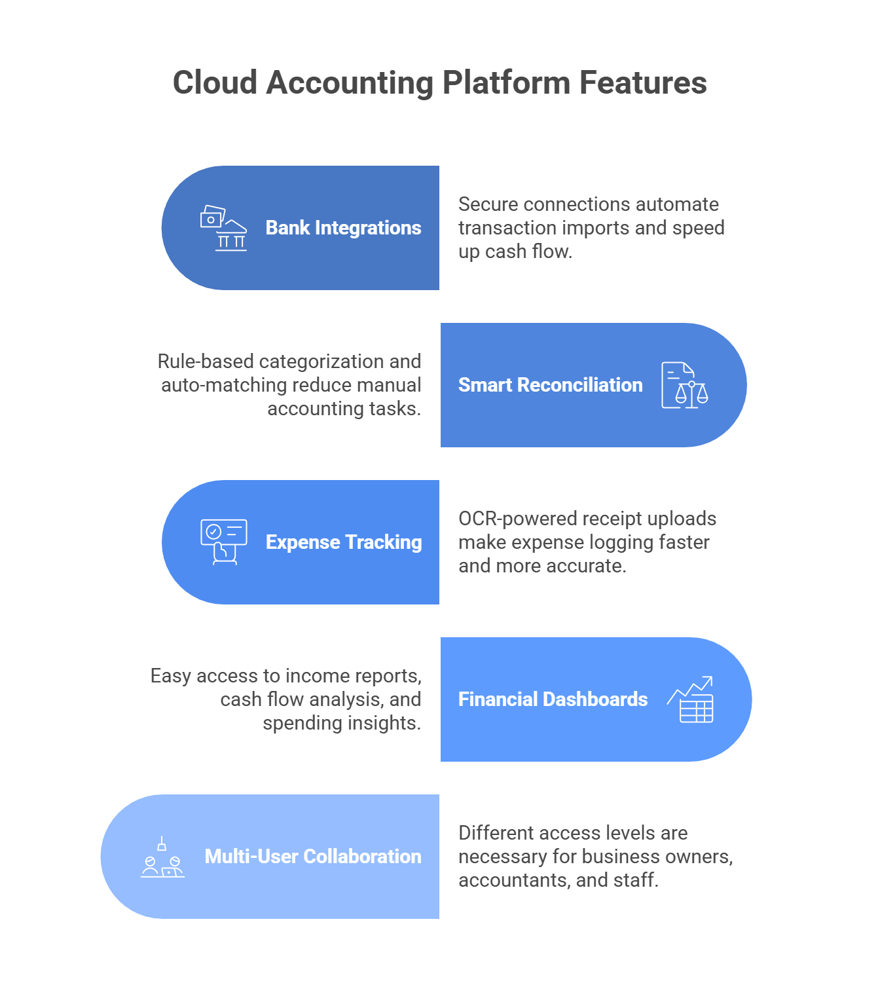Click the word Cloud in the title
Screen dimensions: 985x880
pyautogui.click(x=215, y=83)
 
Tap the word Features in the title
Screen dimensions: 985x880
pyautogui.click(x=642, y=83)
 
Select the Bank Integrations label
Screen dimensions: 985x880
pyautogui.click(x=343, y=228)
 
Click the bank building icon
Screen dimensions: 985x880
pyautogui.click(x=224, y=228)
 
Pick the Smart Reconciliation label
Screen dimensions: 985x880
pyautogui.click(x=550, y=385)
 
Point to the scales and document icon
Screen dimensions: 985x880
pyautogui.click(x=685, y=385)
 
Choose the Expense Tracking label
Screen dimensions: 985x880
pyautogui.click(x=344, y=542)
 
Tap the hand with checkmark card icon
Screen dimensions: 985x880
pyautogui.click(x=224, y=542)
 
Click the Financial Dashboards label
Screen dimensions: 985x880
pyautogui.click(x=553, y=699)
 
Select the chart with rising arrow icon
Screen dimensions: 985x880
pyautogui.click(x=691, y=699)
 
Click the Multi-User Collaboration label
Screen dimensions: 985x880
pyautogui.click(x=313, y=857)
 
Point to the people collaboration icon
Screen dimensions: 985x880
pyautogui.click(x=162, y=857)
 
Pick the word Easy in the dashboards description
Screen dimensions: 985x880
pyautogui.click(x=170, y=676)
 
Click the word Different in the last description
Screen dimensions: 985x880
pyautogui.click(x=498, y=833)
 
